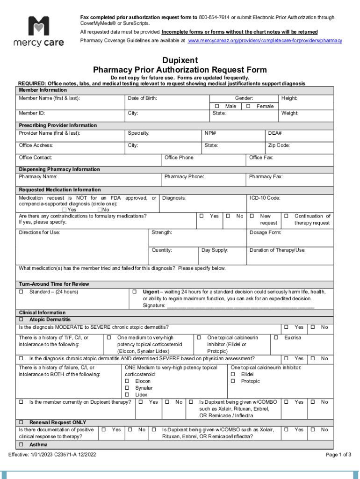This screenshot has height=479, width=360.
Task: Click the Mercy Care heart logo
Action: tap(38, 27)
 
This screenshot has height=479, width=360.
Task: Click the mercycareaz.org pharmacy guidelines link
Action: tap(265, 41)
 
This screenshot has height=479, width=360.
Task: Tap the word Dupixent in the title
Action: tap(180, 60)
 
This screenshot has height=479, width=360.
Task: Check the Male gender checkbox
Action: tap(216, 106)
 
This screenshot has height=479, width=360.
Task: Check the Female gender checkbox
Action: tap(248, 106)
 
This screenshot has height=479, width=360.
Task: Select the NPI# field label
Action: tap(210, 133)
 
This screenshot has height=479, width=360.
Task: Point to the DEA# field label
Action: tap(275, 133)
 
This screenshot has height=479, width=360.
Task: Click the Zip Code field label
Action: tap(279, 145)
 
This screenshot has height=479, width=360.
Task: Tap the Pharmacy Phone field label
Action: tap(184, 177)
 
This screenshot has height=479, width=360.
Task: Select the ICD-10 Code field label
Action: tap(265, 198)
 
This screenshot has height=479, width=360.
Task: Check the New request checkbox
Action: tap(252, 216)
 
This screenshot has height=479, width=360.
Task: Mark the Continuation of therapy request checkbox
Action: tap(287, 216)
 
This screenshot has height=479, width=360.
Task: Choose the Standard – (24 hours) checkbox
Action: tap(21, 292)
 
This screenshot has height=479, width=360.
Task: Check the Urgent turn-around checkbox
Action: tap(134, 292)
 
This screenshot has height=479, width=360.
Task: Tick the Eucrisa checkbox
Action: tap(276, 338)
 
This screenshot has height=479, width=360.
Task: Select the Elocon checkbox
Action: tap(127, 381)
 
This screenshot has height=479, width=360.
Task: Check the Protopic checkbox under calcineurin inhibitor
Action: tap(233, 381)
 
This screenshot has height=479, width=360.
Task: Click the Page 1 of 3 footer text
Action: tap(338, 455)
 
